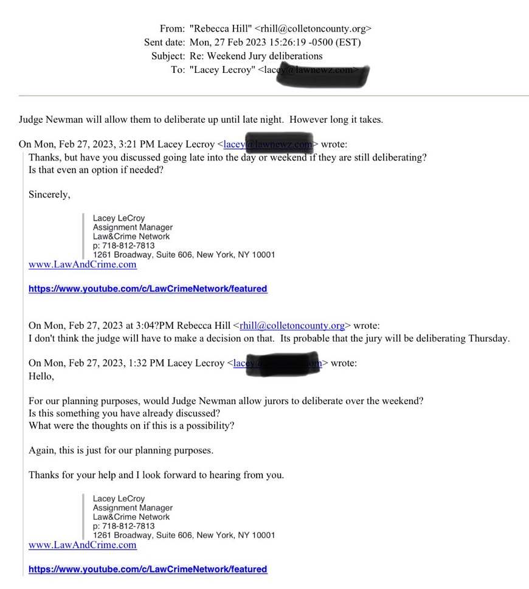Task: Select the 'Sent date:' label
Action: pos(164,42)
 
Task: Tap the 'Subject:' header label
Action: pos(168,56)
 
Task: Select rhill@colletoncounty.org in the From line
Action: pos(313,28)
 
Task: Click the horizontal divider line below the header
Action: pos(274,95)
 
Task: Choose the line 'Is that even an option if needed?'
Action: pos(97,170)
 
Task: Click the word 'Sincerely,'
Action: pos(49,195)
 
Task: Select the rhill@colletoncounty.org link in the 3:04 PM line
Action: pos(292,325)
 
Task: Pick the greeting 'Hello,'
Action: pos(41,376)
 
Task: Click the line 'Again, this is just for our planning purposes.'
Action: pos(121,450)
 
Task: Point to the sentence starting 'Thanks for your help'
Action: pos(156,475)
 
